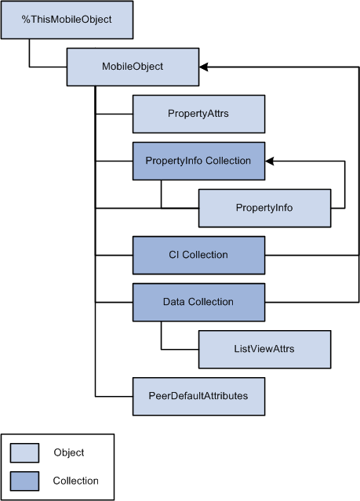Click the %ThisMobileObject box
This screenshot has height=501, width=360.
67,20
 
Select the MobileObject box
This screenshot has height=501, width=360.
133,67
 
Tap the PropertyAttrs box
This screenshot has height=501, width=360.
198,114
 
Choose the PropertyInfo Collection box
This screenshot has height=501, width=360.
198,161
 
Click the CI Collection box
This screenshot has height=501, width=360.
198,255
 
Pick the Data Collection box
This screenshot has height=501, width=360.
198,302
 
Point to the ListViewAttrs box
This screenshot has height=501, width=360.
265,349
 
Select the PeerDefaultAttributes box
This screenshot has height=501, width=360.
198,396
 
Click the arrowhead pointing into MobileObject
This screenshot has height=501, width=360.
204,67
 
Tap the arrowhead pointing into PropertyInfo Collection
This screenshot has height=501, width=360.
270,161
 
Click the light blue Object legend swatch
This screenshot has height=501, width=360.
24,452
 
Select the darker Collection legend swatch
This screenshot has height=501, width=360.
24,481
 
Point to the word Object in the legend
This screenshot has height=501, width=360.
69,452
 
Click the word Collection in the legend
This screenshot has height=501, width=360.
76,481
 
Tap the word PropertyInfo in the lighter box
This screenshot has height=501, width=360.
264,208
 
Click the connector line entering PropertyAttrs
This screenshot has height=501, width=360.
115,114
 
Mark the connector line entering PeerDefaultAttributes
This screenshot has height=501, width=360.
115,396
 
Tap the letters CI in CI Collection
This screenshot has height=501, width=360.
173,255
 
